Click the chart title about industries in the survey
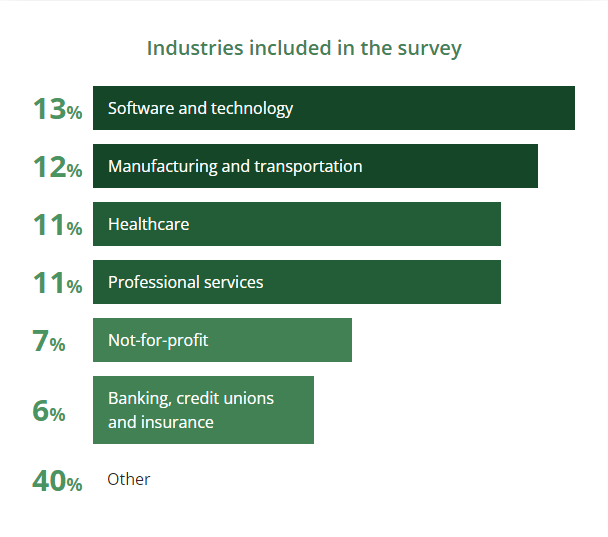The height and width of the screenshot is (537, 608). (304, 48)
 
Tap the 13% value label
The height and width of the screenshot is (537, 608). (57, 109)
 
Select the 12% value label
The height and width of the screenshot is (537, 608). (57, 167)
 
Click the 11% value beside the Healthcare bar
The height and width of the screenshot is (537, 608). (57, 225)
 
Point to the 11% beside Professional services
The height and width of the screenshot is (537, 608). (57, 283)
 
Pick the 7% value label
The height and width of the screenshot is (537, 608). (49, 341)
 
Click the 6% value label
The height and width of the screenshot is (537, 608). (49, 411)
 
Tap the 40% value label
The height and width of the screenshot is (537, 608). (57, 481)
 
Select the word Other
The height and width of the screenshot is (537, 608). (129, 480)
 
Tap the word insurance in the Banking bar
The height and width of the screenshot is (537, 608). (177, 422)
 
